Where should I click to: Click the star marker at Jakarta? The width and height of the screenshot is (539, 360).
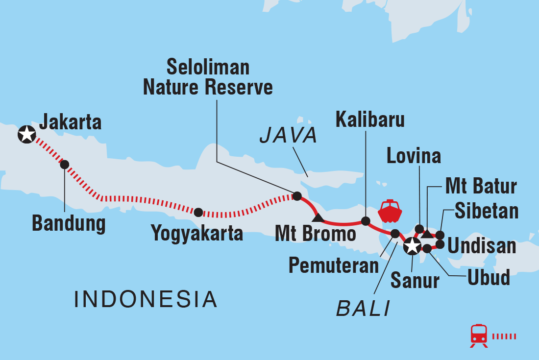click(26, 134)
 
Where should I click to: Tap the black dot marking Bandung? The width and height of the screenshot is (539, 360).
click(64, 165)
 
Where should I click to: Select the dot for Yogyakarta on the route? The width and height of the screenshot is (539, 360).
click(198, 212)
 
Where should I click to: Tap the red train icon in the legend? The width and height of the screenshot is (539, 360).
click(479, 336)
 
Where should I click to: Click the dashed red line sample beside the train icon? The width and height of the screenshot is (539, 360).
click(504, 336)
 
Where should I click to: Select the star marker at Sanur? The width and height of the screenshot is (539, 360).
click(412, 247)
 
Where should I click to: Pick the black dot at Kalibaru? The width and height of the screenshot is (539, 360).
click(365, 221)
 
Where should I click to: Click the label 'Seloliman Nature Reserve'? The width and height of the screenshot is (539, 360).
click(208, 77)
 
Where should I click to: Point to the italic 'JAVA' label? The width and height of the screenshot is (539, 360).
click(289, 136)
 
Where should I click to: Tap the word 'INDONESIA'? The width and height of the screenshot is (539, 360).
click(146, 299)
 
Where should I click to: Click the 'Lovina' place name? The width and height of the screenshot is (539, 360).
click(414, 156)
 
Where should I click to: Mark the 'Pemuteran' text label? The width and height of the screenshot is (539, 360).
click(334, 265)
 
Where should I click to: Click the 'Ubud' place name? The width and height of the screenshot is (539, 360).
click(488, 277)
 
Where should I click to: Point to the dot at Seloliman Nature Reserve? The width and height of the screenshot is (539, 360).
click(296, 196)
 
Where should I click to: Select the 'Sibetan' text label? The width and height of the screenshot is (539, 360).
click(486, 211)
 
